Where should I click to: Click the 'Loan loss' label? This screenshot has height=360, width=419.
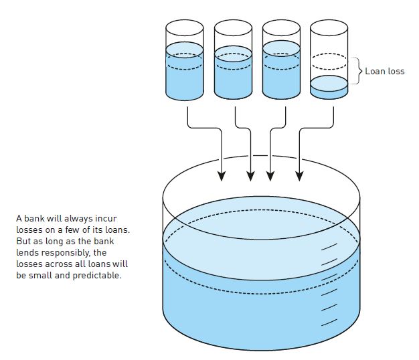click(384, 72)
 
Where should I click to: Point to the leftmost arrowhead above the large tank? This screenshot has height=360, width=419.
click(221, 177)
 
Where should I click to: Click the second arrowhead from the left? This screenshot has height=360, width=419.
click(251, 177)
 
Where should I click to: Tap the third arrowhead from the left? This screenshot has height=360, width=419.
click(270, 177)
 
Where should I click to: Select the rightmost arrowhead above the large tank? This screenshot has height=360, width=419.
click(300, 177)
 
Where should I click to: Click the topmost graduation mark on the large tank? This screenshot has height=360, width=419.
click(329, 248)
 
